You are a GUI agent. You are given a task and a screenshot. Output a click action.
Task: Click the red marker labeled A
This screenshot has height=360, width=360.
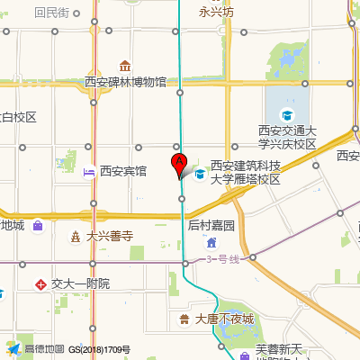coord(178,165)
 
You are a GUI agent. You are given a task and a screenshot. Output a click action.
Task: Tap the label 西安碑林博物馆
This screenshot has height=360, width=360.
coord(126,82)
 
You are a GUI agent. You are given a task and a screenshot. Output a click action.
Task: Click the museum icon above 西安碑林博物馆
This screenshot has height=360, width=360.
coord(125,66)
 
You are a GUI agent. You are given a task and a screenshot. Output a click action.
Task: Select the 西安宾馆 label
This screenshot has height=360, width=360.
coord(123,171)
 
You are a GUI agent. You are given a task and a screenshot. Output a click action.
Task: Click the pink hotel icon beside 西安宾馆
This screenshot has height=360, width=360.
coord(89,171)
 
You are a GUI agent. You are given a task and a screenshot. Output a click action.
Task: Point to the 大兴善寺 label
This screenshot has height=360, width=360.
coord(110,237)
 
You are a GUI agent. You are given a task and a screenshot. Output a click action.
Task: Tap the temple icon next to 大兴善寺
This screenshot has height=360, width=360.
coord(76,237)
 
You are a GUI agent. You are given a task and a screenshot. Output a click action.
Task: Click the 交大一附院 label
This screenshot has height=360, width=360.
coord(80,283)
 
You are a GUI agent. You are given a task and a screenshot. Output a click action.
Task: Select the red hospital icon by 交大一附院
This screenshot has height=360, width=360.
coord(40,283)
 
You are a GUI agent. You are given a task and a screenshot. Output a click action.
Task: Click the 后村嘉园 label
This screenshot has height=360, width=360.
coord(211,226)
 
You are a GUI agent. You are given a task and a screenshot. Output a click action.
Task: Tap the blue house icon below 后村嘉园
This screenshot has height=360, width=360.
coord(211,242)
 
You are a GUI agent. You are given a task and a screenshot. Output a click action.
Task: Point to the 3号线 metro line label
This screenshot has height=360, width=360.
coord(224,260)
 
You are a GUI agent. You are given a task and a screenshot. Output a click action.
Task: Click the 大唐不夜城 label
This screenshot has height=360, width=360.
coord(224,319)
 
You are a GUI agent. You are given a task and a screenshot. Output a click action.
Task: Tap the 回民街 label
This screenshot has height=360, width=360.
coord(51,13)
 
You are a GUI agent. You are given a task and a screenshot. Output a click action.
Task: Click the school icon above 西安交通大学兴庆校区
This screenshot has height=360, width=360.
coord(287,114)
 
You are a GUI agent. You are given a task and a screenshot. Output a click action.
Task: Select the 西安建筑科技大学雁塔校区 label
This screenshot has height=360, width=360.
coord(246,172)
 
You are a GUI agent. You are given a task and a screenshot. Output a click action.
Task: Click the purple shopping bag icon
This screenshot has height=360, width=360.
coord(37,226)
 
